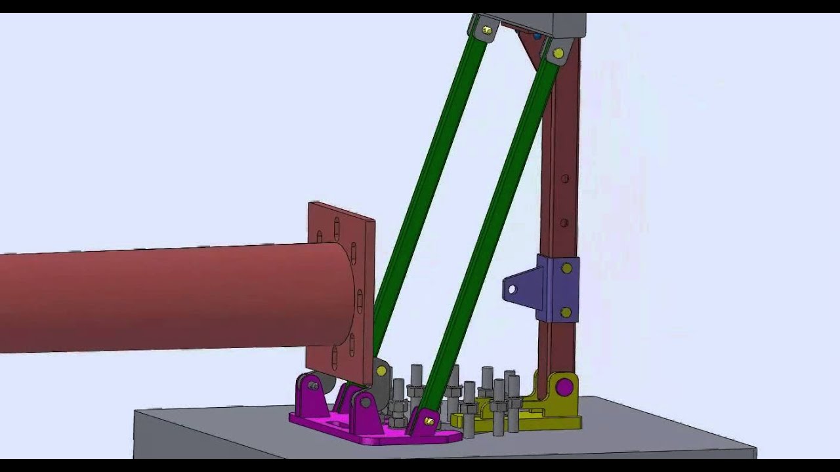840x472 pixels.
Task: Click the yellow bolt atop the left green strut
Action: pyautogui.click(x=487, y=29)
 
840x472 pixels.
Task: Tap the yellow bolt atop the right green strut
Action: pyautogui.click(x=558, y=53)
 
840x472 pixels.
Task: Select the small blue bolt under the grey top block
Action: pyautogui.click(x=537, y=36)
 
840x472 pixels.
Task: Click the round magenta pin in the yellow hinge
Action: pyautogui.click(x=564, y=387)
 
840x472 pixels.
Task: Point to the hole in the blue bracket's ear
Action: pyautogui.click(x=512, y=289)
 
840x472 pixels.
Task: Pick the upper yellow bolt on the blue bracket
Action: pyautogui.click(x=566, y=268)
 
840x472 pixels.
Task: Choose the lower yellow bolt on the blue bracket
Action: pyautogui.click(x=566, y=312)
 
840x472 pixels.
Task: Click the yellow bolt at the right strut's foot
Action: pyautogui.click(x=429, y=421)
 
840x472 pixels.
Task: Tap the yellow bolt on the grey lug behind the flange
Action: pyautogui.click(x=381, y=371)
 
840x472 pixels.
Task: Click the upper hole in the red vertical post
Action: pyautogui.click(x=564, y=178)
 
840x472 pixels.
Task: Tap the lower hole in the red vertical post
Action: pyautogui.click(x=564, y=223)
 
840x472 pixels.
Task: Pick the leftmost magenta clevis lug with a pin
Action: pyautogui.click(x=312, y=397)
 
